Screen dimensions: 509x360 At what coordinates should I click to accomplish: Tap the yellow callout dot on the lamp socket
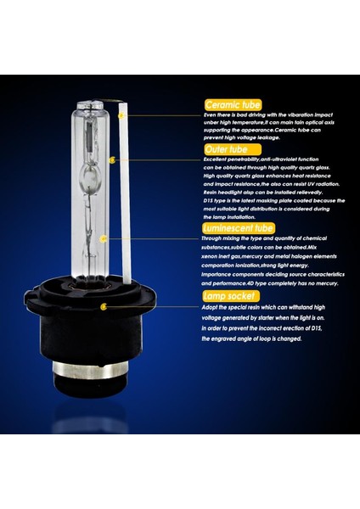[104, 306]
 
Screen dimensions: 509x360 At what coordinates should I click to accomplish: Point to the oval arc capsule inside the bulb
[98, 182]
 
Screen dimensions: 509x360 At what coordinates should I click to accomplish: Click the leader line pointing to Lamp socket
[153, 306]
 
